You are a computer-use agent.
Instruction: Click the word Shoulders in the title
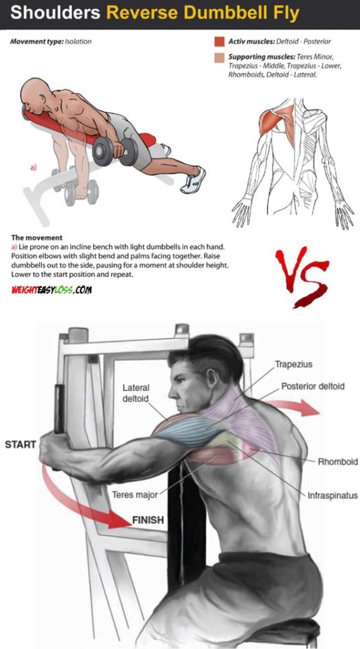pos(56,12)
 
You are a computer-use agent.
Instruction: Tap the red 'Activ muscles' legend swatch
pos(219,42)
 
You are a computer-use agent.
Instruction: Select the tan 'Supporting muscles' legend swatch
pos(219,58)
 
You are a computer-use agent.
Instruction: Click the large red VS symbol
pos(302,276)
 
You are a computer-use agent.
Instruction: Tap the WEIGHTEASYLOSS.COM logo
pos(51,289)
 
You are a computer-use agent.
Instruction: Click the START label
pos(20,444)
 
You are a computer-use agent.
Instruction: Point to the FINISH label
pos(148,520)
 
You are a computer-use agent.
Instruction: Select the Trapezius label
pos(293,365)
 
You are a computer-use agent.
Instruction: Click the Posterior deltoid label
pos(313,386)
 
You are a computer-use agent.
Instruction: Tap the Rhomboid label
pos(338,461)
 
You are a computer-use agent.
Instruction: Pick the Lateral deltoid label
pos(134,392)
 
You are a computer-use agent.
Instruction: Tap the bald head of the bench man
pos(32,94)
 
